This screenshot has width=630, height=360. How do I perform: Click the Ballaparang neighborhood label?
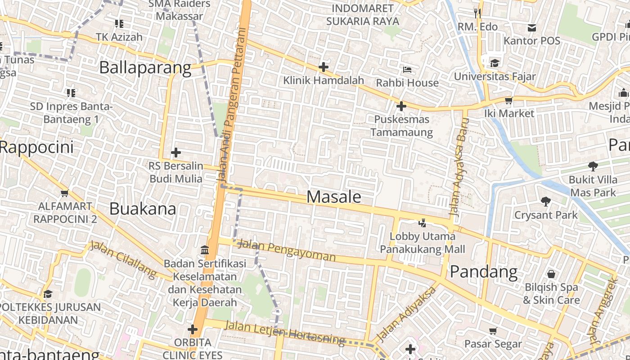[x=145, y=68]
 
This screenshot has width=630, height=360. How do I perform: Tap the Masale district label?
[x=334, y=197]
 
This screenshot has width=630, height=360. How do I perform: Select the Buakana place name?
[x=143, y=209]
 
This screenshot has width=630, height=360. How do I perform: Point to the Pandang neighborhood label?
[x=484, y=272]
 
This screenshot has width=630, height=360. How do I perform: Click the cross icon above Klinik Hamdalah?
[x=323, y=67]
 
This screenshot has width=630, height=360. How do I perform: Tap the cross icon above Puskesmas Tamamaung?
[x=401, y=107]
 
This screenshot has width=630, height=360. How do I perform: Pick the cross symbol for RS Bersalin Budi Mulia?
[x=175, y=153]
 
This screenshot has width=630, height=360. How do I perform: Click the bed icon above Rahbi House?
[x=407, y=70]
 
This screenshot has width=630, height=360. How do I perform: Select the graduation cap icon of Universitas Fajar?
[x=495, y=63]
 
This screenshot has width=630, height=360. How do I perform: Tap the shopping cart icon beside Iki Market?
[x=508, y=100]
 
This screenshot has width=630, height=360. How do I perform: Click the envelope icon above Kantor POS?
[x=532, y=28]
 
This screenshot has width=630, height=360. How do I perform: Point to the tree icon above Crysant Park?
[x=546, y=202]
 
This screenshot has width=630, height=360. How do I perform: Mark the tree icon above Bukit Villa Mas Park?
[x=593, y=166]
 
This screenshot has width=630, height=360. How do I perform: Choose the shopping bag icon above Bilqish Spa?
[x=551, y=274]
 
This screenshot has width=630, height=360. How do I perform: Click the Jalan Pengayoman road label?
[x=286, y=251]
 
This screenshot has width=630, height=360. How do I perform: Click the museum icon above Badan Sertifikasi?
[x=205, y=250]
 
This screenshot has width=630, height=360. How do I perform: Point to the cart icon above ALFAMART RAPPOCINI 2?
[x=64, y=193]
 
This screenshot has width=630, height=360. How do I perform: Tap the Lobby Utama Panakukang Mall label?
[x=422, y=243]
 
